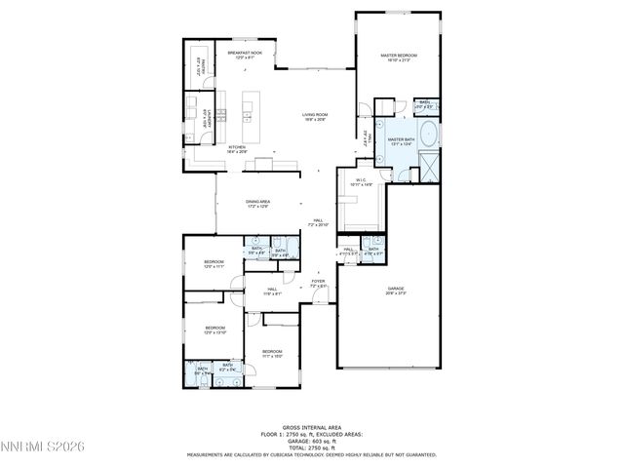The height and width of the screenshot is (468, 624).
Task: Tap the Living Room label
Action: tap(314, 117)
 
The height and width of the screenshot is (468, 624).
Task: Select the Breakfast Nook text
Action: tap(245, 55)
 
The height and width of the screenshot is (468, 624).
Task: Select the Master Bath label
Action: tap(401, 142)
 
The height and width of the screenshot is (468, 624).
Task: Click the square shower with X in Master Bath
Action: tap(426, 172)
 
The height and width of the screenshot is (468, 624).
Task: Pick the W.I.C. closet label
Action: tap(360, 182)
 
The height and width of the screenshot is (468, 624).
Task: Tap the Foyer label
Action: tap(318, 284)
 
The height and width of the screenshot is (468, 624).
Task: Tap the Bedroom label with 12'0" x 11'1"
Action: tap(214, 264)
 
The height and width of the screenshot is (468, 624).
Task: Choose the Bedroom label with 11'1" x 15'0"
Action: tap(271, 353)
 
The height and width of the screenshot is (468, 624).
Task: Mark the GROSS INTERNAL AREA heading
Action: tap(312, 426)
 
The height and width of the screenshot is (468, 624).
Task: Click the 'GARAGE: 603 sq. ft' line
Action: tap(312, 442)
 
